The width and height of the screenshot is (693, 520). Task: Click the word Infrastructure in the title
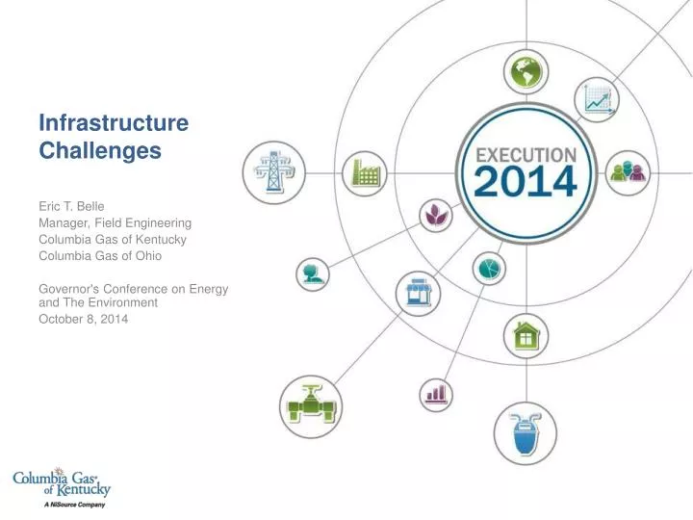113,122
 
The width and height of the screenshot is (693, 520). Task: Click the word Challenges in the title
99,150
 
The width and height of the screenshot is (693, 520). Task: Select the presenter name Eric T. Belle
70,204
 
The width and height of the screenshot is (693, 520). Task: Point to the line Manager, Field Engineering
115,221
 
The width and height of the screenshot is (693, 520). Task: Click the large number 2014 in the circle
526,180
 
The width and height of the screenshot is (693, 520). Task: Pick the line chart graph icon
596,99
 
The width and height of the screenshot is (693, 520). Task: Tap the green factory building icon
365,174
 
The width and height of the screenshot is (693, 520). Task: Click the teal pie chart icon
489,269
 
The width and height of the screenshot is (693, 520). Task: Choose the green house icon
526,335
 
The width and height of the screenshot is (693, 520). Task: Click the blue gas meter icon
526,432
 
